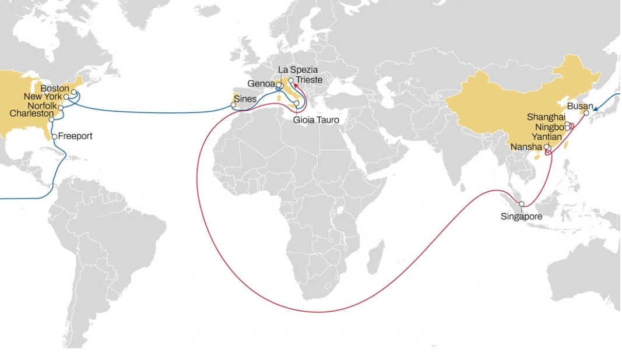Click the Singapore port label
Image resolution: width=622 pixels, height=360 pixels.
click(521, 217)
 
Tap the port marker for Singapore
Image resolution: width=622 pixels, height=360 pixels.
click(522, 204)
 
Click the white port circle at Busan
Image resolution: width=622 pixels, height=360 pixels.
click(586, 114)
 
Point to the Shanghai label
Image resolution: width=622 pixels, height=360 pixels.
click(546, 117)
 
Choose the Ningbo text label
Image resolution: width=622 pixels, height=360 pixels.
click(550, 126)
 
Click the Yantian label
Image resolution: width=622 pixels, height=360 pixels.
click(547, 136)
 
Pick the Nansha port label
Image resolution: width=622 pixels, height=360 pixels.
click(526, 147)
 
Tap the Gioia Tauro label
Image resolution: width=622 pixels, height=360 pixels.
click(316, 120)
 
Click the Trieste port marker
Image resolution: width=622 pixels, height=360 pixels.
click(291, 80)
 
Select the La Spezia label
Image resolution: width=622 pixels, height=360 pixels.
click(298, 70)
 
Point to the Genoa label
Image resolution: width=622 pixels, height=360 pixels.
click(261, 83)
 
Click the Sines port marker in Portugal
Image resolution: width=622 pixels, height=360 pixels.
click(234, 105)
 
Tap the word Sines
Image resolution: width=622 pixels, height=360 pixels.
click(245, 99)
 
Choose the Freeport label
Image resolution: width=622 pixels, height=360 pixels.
click(75, 136)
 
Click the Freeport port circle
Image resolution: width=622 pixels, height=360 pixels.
click(54, 137)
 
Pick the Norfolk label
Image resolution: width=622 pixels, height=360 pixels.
click(41, 105)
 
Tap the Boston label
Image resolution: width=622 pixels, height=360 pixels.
click(55, 89)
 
